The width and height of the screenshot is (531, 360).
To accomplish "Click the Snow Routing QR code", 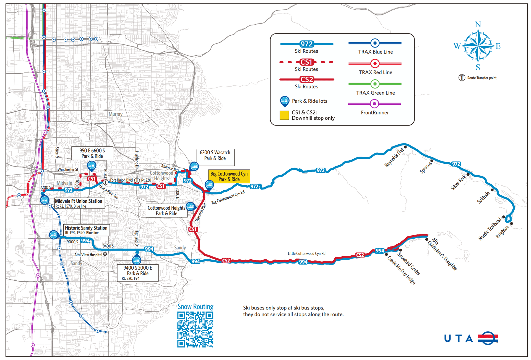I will (x=195, y=329).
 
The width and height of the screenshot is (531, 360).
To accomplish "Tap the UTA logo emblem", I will (x=488, y=338).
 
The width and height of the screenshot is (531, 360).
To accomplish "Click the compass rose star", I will (x=478, y=46).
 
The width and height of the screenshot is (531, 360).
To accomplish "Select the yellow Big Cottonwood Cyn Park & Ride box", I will (x=229, y=176).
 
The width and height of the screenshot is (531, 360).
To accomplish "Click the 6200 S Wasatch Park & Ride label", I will (x=215, y=155).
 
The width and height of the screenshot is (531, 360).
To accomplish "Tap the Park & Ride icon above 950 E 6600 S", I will (x=91, y=166).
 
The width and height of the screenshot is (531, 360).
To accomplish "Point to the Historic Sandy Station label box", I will (x=86, y=230).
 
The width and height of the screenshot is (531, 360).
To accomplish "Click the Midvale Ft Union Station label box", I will (x=79, y=203).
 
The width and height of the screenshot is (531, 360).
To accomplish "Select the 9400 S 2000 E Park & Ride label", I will (x=137, y=273).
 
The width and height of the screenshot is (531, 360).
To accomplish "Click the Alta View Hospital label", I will (x=88, y=255).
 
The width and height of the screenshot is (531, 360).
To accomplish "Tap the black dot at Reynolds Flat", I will (x=405, y=147).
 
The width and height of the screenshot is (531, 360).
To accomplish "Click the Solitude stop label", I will (x=483, y=197).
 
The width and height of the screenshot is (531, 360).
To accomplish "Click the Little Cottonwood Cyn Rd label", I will (x=306, y=253).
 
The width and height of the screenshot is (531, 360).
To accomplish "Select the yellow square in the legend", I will (x=284, y=115).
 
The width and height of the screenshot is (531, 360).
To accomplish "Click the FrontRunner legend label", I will (x=375, y=113).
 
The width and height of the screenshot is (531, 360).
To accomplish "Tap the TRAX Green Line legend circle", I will (x=375, y=84).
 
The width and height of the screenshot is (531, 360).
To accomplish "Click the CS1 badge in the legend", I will (x=306, y=62).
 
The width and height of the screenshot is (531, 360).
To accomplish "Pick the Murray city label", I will (x=115, y=114).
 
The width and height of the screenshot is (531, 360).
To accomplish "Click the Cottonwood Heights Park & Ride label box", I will (x=166, y=211).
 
